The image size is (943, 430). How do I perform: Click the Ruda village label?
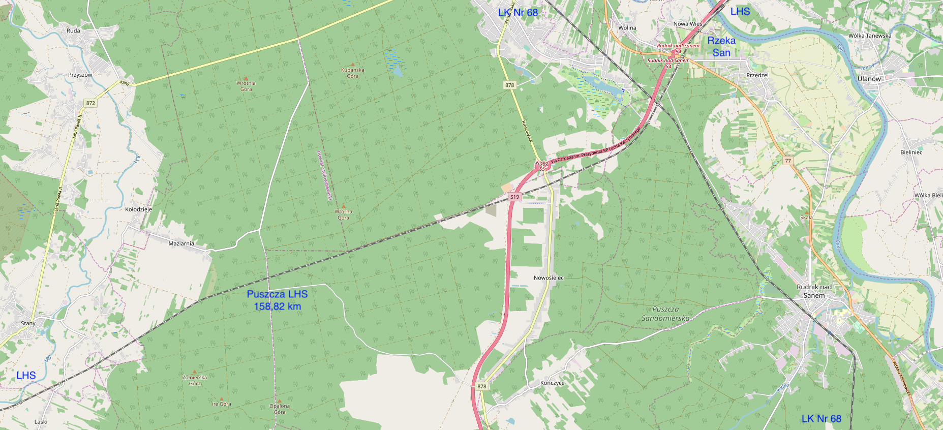point(73,30)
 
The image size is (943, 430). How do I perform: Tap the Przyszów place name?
point(80,75)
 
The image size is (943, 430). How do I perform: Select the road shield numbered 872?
point(90,103)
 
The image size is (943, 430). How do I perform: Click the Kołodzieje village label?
point(138,209)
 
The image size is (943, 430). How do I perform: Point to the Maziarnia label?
point(181,243)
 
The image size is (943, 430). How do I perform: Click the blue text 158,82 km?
point(277,306)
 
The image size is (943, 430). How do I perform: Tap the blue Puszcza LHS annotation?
point(277,294)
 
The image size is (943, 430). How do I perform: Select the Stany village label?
point(28,323)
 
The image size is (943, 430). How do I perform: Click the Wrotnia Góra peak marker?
point(246,79)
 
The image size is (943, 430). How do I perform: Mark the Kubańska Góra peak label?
point(352,73)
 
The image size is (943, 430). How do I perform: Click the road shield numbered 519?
point(514,197)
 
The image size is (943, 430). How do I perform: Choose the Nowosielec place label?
point(549,278)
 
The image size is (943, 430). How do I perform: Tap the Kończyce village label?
point(553,383)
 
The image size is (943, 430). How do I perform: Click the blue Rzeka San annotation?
point(721,47)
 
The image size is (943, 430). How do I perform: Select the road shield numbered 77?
point(788,161)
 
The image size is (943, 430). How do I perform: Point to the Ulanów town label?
point(869,79)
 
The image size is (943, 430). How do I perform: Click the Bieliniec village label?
point(911,152)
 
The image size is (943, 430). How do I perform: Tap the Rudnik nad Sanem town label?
point(814,291)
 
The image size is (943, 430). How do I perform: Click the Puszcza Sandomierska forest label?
point(665,314)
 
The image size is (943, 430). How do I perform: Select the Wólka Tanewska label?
point(869,36)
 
